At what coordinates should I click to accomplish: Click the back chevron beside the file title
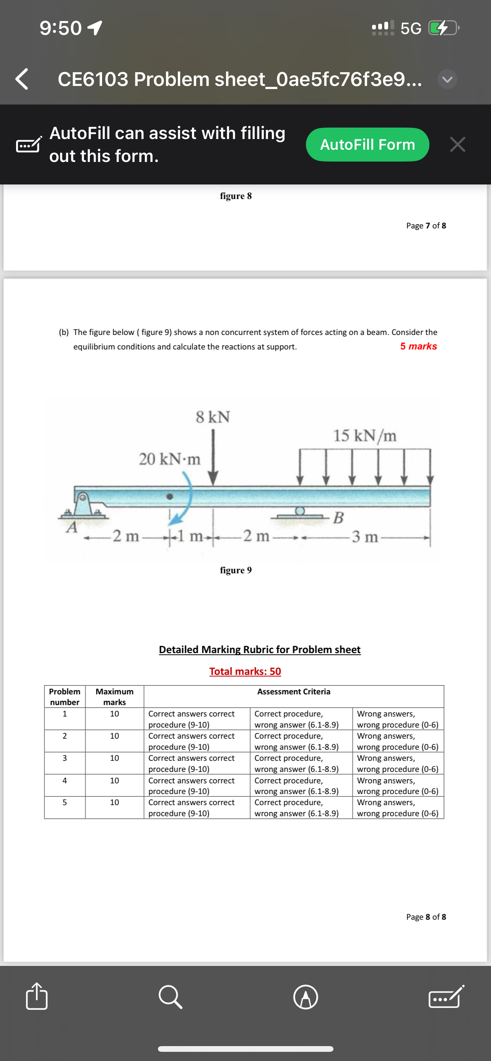(x=22, y=79)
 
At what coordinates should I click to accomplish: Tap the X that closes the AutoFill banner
(x=457, y=145)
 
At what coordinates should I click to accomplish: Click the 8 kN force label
(x=213, y=417)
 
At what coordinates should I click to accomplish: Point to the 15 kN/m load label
(x=364, y=435)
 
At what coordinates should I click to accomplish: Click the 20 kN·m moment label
(x=169, y=459)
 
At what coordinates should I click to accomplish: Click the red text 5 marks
(x=418, y=346)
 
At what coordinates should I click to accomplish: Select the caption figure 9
(x=236, y=570)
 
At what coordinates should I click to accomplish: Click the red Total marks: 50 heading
(x=245, y=671)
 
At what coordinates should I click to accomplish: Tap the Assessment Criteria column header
(x=294, y=692)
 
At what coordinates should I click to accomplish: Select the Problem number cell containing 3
(x=65, y=758)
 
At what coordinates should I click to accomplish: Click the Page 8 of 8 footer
(x=426, y=917)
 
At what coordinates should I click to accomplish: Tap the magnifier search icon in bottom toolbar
(x=170, y=997)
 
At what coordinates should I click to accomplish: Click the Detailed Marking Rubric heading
(x=259, y=650)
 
